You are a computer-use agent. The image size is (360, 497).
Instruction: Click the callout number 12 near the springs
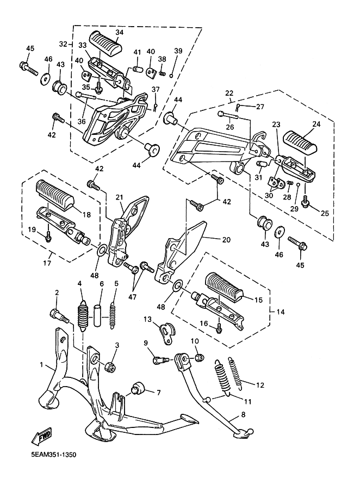pyautogui.click(x=260, y=384)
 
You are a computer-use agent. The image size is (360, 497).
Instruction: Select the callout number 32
pyautogui.click(x=63, y=44)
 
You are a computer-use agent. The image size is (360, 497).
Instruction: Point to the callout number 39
pyautogui.click(x=177, y=51)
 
